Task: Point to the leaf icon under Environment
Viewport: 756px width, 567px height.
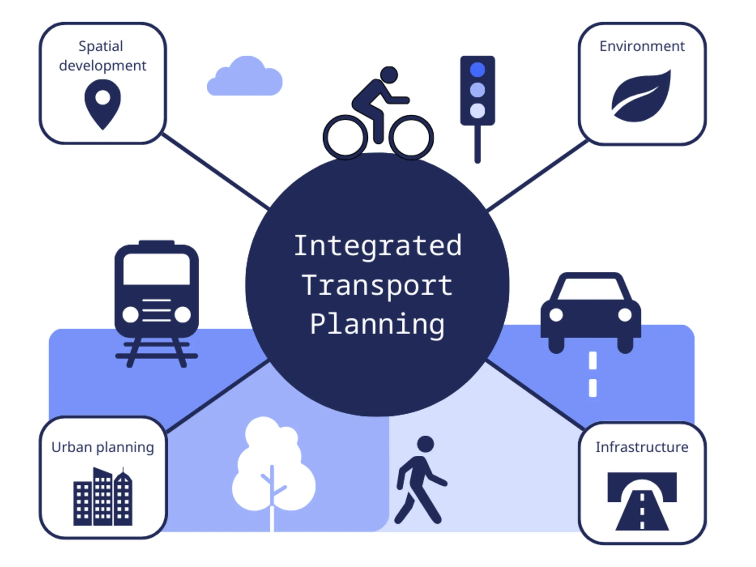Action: [x=641, y=96]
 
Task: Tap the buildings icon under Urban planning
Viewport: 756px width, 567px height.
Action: [x=103, y=497]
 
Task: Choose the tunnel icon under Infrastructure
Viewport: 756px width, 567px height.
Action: [x=642, y=501]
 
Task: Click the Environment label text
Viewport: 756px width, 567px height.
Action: [x=642, y=46]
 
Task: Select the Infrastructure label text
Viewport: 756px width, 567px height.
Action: [x=642, y=447]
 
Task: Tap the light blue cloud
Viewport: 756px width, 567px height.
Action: [x=245, y=76]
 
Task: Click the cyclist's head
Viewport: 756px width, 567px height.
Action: [x=389, y=75]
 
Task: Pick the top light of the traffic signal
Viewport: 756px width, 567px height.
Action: [x=478, y=70]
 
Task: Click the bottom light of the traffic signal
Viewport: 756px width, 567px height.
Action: [x=478, y=111]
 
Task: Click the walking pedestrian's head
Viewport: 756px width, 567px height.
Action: [x=426, y=444]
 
